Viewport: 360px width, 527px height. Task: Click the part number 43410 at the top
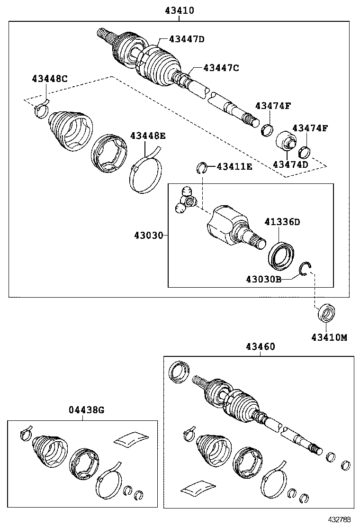click(179, 10)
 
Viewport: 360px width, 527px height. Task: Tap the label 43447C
click(221, 68)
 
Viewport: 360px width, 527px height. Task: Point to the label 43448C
click(49, 78)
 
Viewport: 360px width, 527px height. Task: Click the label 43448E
click(148, 136)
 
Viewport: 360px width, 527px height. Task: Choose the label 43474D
click(290, 164)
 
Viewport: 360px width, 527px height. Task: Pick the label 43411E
click(234, 166)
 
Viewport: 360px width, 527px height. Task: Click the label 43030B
click(263, 279)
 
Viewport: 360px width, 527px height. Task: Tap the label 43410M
click(329, 337)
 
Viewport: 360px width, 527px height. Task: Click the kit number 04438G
click(85, 410)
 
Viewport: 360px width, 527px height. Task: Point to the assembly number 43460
click(260, 346)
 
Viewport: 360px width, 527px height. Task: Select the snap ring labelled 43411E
click(202, 167)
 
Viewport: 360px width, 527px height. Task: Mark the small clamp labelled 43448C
click(41, 109)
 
